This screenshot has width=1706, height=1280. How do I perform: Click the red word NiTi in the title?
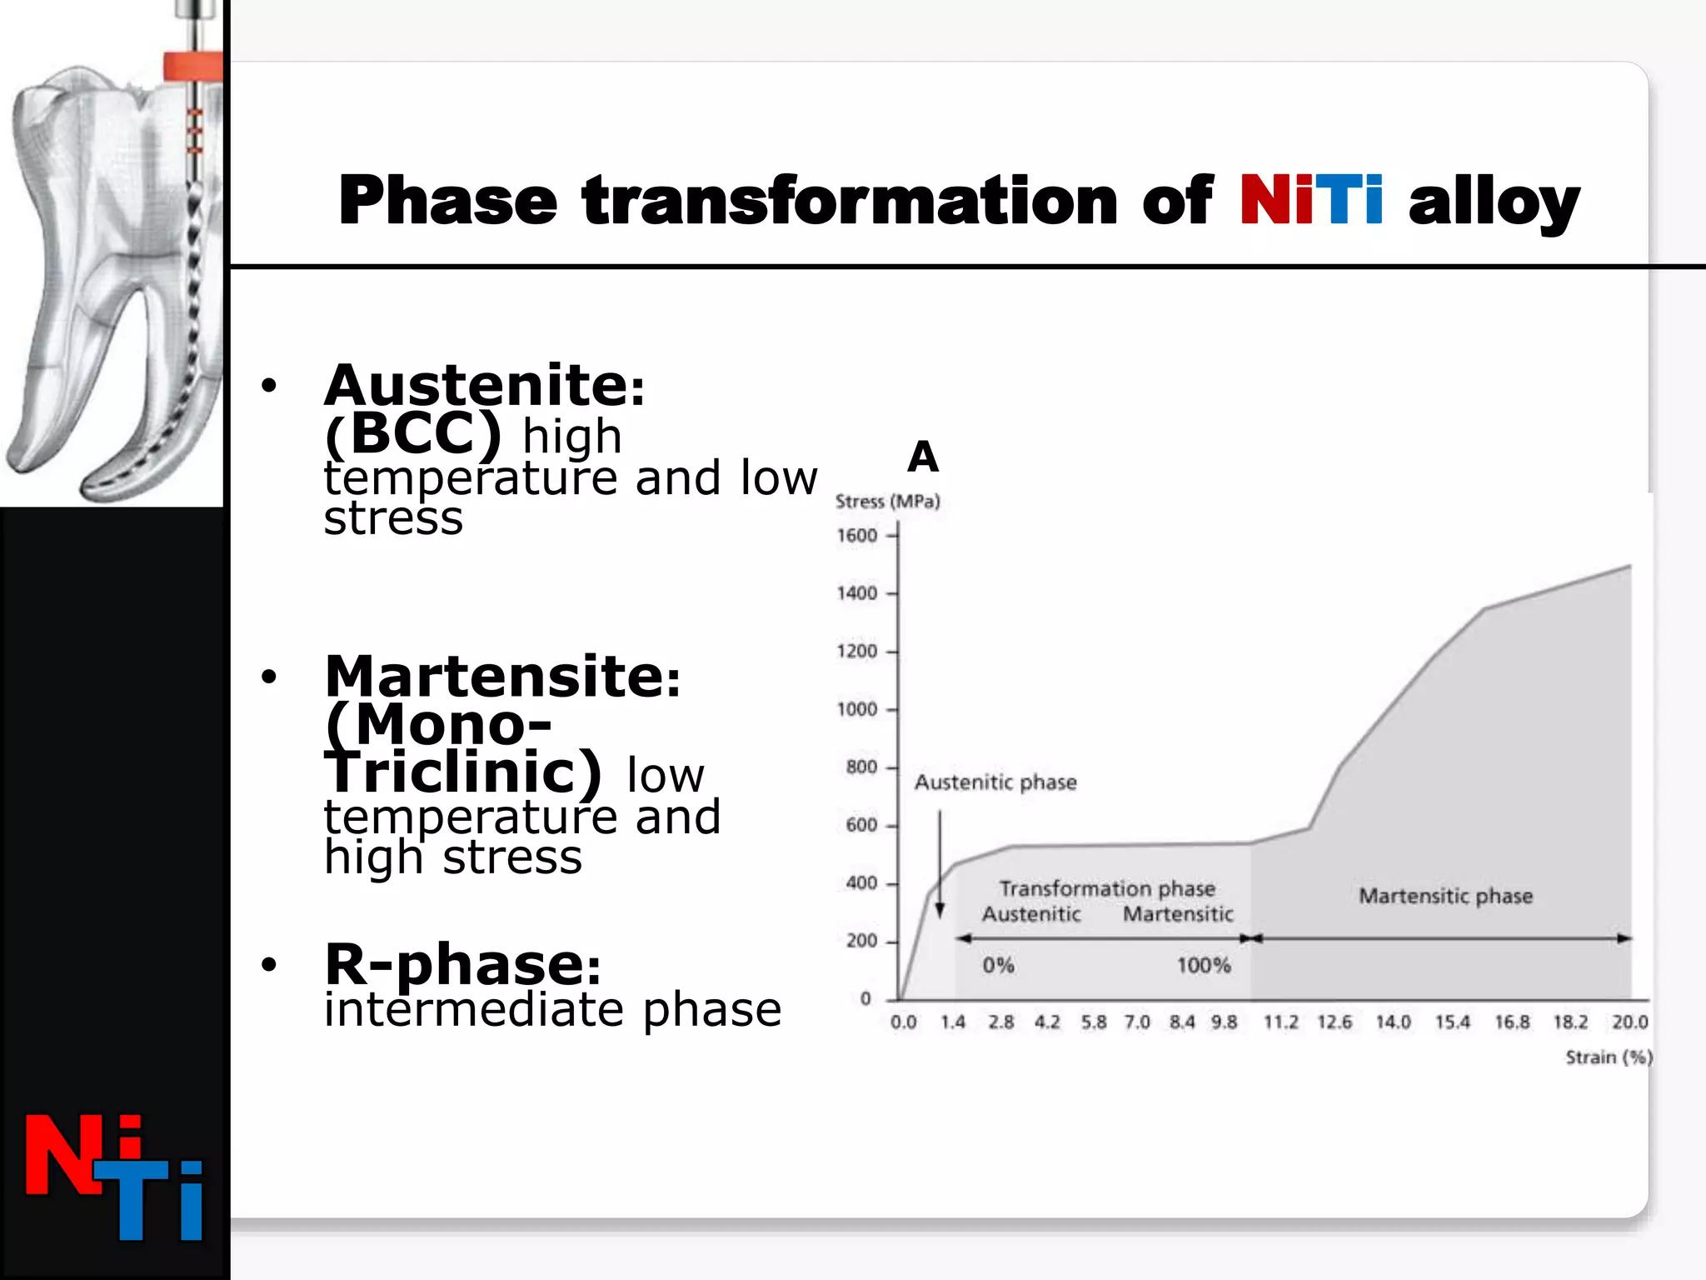click(1311, 202)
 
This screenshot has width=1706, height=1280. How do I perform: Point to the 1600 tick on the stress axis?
click(857, 536)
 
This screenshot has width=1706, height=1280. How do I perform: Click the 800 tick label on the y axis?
click(860, 767)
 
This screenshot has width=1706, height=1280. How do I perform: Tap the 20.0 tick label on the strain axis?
click(1629, 1022)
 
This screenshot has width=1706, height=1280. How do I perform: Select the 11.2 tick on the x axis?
click(1280, 1022)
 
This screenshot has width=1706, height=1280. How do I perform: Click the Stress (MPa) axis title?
click(887, 502)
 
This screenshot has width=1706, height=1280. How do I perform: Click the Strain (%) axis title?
click(1609, 1057)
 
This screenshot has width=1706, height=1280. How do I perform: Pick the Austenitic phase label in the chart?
click(995, 782)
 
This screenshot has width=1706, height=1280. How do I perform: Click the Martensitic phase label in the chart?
click(1445, 897)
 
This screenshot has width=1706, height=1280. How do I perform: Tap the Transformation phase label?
click(1107, 889)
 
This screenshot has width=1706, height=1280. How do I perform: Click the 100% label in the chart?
click(1204, 966)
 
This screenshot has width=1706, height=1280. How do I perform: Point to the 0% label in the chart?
click(997, 966)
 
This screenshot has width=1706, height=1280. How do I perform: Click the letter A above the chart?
click(923, 457)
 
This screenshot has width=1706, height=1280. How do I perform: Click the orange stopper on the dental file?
click(192, 66)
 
